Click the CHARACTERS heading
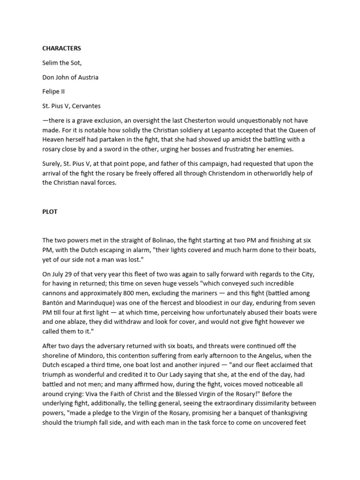(x=61, y=48)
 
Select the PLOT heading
(x=50, y=211)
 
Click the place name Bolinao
(x=161, y=240)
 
